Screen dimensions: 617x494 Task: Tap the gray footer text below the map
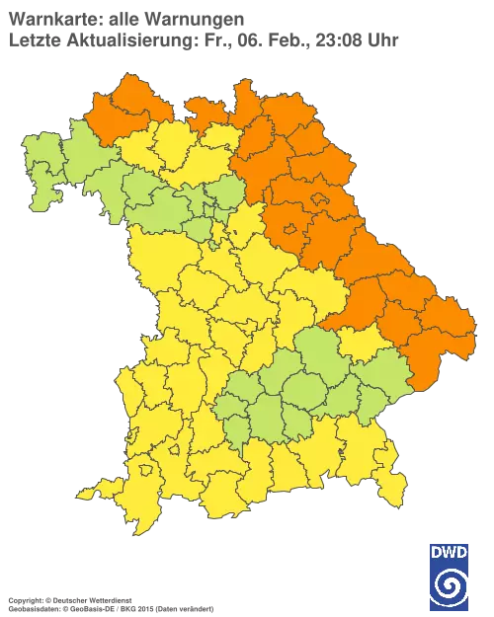click(x=79, y=598)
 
